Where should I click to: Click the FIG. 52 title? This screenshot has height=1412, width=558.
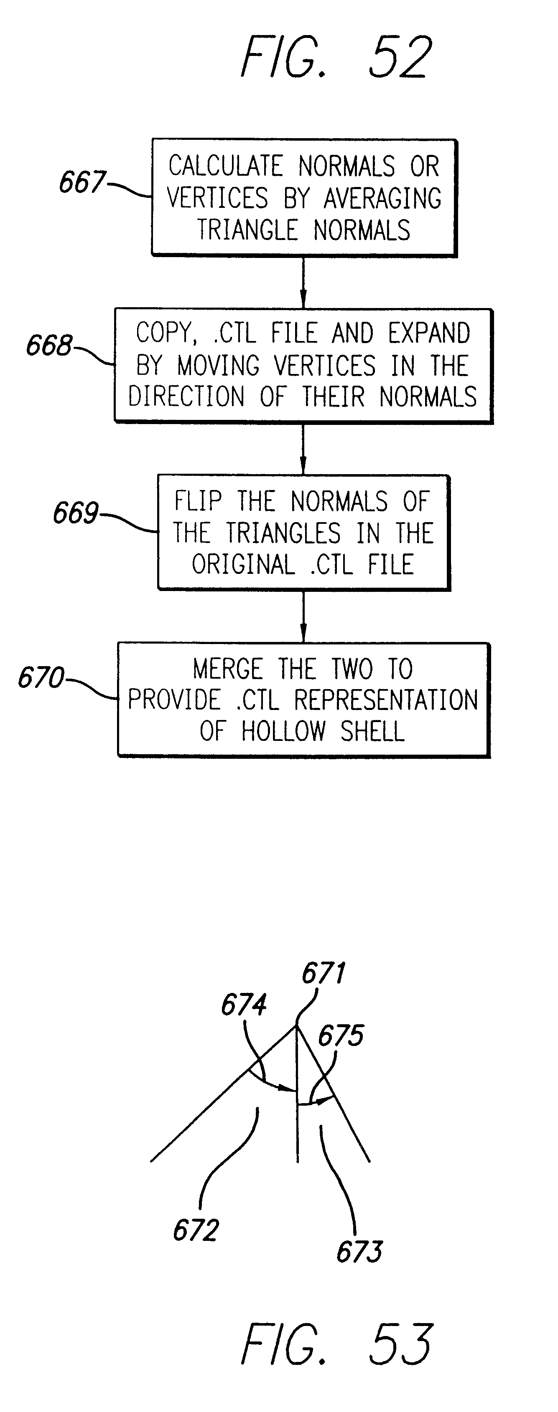coord(336,57)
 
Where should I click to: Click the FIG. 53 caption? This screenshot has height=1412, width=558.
coord(336,1343)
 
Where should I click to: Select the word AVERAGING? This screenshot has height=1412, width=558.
coord(382,198)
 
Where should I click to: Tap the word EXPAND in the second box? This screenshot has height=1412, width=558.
coord(429,333)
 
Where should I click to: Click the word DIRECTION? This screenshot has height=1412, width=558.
coord(186,396)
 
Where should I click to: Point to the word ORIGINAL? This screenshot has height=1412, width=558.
coord(243,565)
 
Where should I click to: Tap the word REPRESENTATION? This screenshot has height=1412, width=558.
coord(386,700)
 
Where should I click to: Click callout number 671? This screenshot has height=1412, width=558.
coord(324,973)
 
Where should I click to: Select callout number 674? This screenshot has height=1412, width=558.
coord(244,1005)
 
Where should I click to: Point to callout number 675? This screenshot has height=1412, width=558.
coord(341,1036)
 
